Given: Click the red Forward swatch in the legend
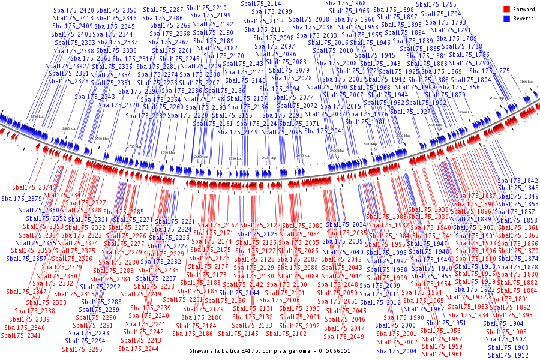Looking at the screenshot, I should [507, 9].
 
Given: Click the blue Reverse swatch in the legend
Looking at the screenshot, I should [507, 19].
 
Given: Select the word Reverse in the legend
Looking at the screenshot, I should [523, 19].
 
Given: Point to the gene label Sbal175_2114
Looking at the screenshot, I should [260, 4].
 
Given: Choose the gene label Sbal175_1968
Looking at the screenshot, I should [346, 3].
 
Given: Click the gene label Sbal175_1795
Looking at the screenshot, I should [437, 4].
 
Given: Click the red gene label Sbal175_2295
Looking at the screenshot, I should [82, 349].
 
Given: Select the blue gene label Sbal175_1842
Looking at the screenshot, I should [518, 181].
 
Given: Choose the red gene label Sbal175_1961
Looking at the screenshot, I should [442, 354].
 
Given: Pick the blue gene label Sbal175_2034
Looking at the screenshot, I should [346, 224].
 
